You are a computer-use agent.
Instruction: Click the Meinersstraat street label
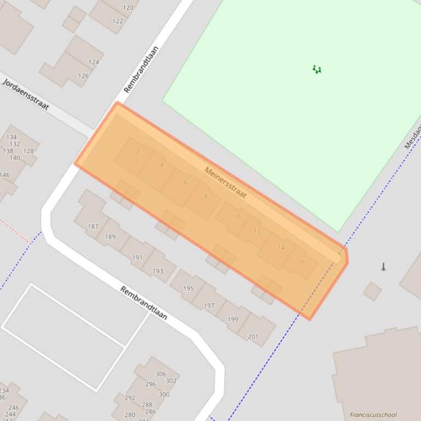pyautogui.click(x=226, y=183)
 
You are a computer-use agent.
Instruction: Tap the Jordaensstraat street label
pyautogui.click(x=26, y=94)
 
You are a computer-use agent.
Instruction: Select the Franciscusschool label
pyautogui.click(x=373, y=415)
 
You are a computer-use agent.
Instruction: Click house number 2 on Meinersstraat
pyautogui.click(x=137, y=151)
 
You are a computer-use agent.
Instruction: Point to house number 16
pyautogui.click(x=301, y=262)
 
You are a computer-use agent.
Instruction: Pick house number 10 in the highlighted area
pyautogui.click(x=237, y=217)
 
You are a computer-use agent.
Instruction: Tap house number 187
pyautogui.click(x=93, y=226)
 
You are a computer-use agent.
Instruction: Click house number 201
pyautogui.click(x=253, y=337)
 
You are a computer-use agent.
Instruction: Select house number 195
pyautogui.click(x=188, y=289)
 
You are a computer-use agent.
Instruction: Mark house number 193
pyautogui.click(x=158, y=271)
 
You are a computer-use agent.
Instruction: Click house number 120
pyautogui.click(x=128, y=8)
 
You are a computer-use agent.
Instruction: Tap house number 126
pyautogui.click(x=83, y=76)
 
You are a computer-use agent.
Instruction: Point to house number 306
pyautogui.click(x=160, y=375)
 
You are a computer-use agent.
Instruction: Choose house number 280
pyautogui.click(x=130, y=415)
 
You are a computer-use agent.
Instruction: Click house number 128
pyautogui.click(x=28, y=151)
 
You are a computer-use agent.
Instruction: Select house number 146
pyautogui.click(x=4, y=176)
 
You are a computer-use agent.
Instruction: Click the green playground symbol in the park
pyautogui.click(x=316, y=69)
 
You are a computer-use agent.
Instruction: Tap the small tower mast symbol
pyautogui.click(x=384, y=267)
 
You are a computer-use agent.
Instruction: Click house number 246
pyautogui.click(x=14, y=407)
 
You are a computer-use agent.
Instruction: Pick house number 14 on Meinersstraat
pyautogui.click(x=281, y=248)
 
